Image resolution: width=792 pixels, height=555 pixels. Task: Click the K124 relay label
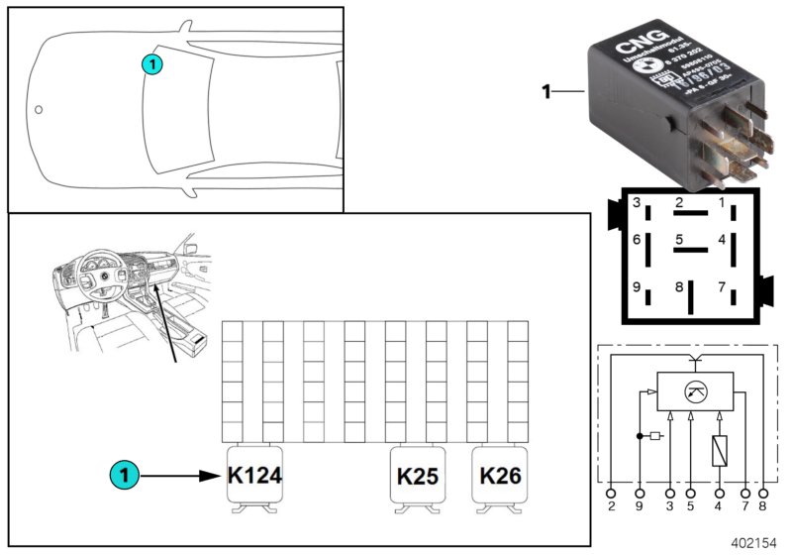click(x=254, y=476)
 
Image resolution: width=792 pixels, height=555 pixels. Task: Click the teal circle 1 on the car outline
click(x=150, y=64)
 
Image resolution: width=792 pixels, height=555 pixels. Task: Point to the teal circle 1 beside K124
click(x=124, y=476)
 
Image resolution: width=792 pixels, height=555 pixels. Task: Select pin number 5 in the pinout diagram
click(x=678, y=239)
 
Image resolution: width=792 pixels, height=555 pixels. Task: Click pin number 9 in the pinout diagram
click(x=639, y=290)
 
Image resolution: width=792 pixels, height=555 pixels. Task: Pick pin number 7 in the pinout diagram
click(x=721, y=288)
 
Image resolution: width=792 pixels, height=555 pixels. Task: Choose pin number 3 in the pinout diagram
click(x=639, y=204)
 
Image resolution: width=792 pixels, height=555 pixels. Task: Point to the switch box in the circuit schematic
click(x=696, y=389)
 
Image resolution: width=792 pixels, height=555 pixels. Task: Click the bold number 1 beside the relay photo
click(x=545, y=93)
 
